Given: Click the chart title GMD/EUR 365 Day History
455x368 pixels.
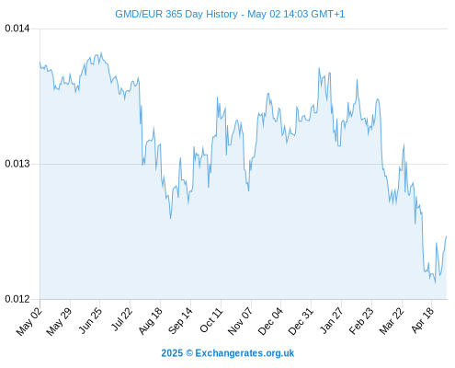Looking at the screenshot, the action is pos(176,14).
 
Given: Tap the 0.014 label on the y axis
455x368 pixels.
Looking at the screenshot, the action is pos(17,29).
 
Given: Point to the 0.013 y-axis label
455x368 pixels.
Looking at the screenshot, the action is pos(17,164).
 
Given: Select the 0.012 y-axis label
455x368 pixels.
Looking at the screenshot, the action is pos(17,299).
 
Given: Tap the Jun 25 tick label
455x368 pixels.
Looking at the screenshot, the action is pos(90,320).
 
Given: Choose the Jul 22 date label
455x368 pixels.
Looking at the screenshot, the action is pos(121,319).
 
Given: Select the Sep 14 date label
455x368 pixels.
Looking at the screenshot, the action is pos(180,320).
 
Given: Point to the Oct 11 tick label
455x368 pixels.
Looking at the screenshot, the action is pos(210,319).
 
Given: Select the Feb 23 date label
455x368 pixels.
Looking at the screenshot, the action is pos(361,320).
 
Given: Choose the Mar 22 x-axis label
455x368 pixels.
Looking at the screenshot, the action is pos(392,320).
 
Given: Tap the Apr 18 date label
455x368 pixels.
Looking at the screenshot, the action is pos(423,319).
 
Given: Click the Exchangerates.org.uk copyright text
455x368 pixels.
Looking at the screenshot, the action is pos(245,353).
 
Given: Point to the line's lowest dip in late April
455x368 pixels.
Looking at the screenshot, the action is pos(435,282).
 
